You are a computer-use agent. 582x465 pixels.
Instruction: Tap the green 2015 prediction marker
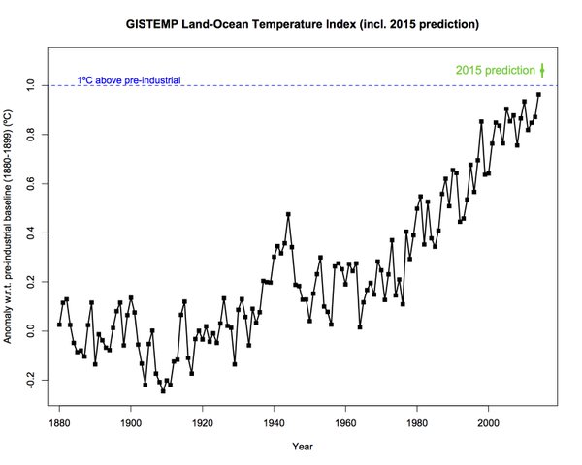(542, 70)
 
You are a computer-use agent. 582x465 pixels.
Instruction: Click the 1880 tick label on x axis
(59, 423)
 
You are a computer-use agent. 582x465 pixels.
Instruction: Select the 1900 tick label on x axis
(131, 423)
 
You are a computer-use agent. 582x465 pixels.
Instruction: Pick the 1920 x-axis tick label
(203, 423)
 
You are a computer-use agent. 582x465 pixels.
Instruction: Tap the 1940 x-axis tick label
(275, 423)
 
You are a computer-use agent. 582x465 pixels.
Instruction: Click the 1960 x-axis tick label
(346, 423)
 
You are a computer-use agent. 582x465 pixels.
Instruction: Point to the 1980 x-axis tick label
(418, 423)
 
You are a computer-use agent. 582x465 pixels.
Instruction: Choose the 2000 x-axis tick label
(490, 423)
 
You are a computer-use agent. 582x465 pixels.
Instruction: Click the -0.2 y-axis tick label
(31, 381)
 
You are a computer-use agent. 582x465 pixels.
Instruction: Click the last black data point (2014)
(539, 94)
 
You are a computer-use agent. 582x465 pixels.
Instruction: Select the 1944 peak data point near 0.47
(288, 214)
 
